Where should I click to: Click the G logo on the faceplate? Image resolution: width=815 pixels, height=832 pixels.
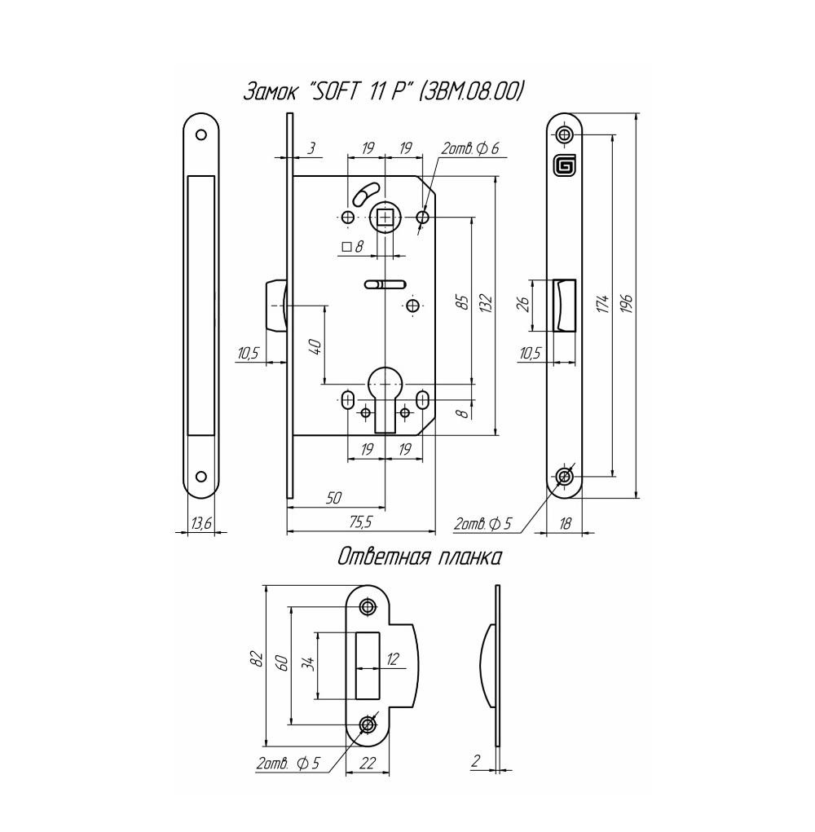click(x=564, y=166)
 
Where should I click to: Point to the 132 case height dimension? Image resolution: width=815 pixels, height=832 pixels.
click(x=487, y=303)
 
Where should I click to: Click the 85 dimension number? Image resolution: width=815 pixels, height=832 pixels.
click(x=463, y=302)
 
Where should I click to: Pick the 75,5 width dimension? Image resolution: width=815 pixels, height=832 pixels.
click(x=361, y=522)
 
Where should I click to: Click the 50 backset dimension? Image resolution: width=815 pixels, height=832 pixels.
click(x=333, y=498)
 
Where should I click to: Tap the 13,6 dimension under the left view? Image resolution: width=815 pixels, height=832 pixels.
click(x=201, y=524)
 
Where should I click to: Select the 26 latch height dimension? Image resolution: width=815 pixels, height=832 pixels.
click(x=523, y=304)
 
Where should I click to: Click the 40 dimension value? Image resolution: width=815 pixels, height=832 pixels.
click(x=315, y=348)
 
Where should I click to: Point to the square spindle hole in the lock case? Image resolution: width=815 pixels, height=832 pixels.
click(x=385, y=218)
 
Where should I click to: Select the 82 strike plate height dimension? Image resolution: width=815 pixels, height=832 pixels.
click(x=257, y=658)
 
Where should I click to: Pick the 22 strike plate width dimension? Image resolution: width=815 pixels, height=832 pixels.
click(x=368, y=764)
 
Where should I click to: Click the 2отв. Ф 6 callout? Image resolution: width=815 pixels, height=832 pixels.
click(x=470, y=149)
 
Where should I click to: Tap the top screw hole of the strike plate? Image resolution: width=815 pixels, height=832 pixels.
click(x=367, y=606)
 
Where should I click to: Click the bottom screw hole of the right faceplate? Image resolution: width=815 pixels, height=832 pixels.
click(x=565, y=477)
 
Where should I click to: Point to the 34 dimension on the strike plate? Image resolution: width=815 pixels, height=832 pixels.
click(x=310, y=663)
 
